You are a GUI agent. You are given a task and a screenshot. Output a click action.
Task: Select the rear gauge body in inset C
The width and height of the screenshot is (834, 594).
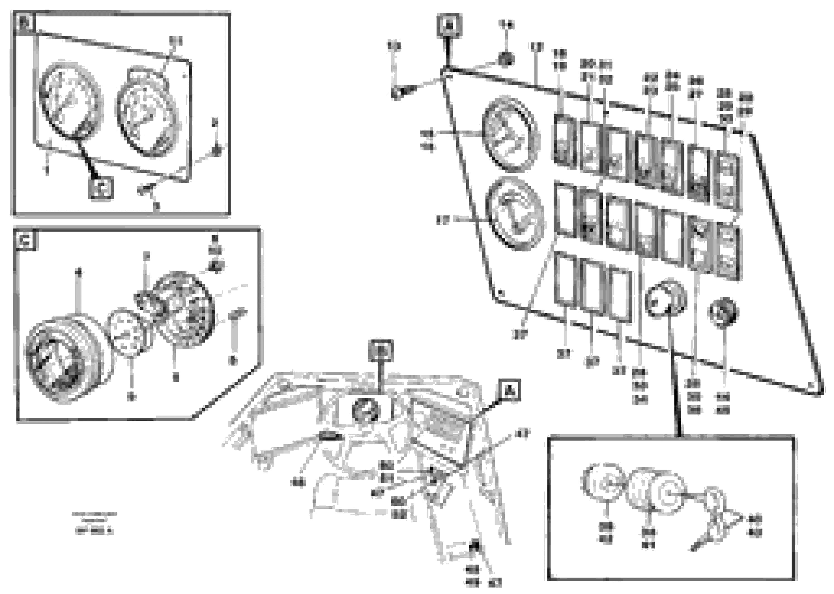183,309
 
